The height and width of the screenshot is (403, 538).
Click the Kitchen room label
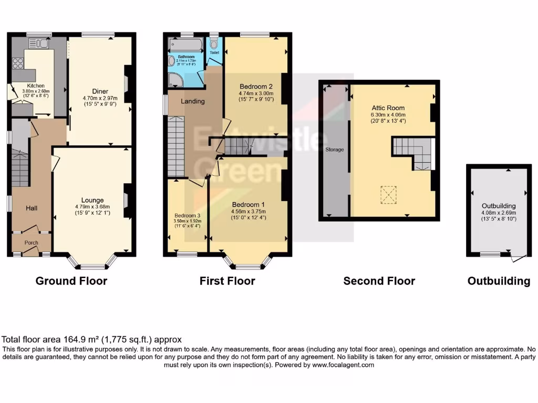(36, 86)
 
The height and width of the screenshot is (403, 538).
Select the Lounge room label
(92, 200)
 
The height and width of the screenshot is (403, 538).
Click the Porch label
(32, 242)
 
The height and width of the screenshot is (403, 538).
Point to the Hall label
(32, 208)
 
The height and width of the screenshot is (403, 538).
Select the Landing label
(193, 101)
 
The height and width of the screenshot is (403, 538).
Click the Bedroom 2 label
(255, 87)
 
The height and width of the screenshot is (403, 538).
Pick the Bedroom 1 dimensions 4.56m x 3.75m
(249, 211)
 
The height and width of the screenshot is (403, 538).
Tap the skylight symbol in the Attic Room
(389, 195)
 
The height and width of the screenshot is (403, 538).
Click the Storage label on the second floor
(335, 150)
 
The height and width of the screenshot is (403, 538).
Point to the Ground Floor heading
(71, 281)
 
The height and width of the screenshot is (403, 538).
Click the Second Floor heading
(379, 281)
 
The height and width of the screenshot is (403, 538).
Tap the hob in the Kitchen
(17, 63)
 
